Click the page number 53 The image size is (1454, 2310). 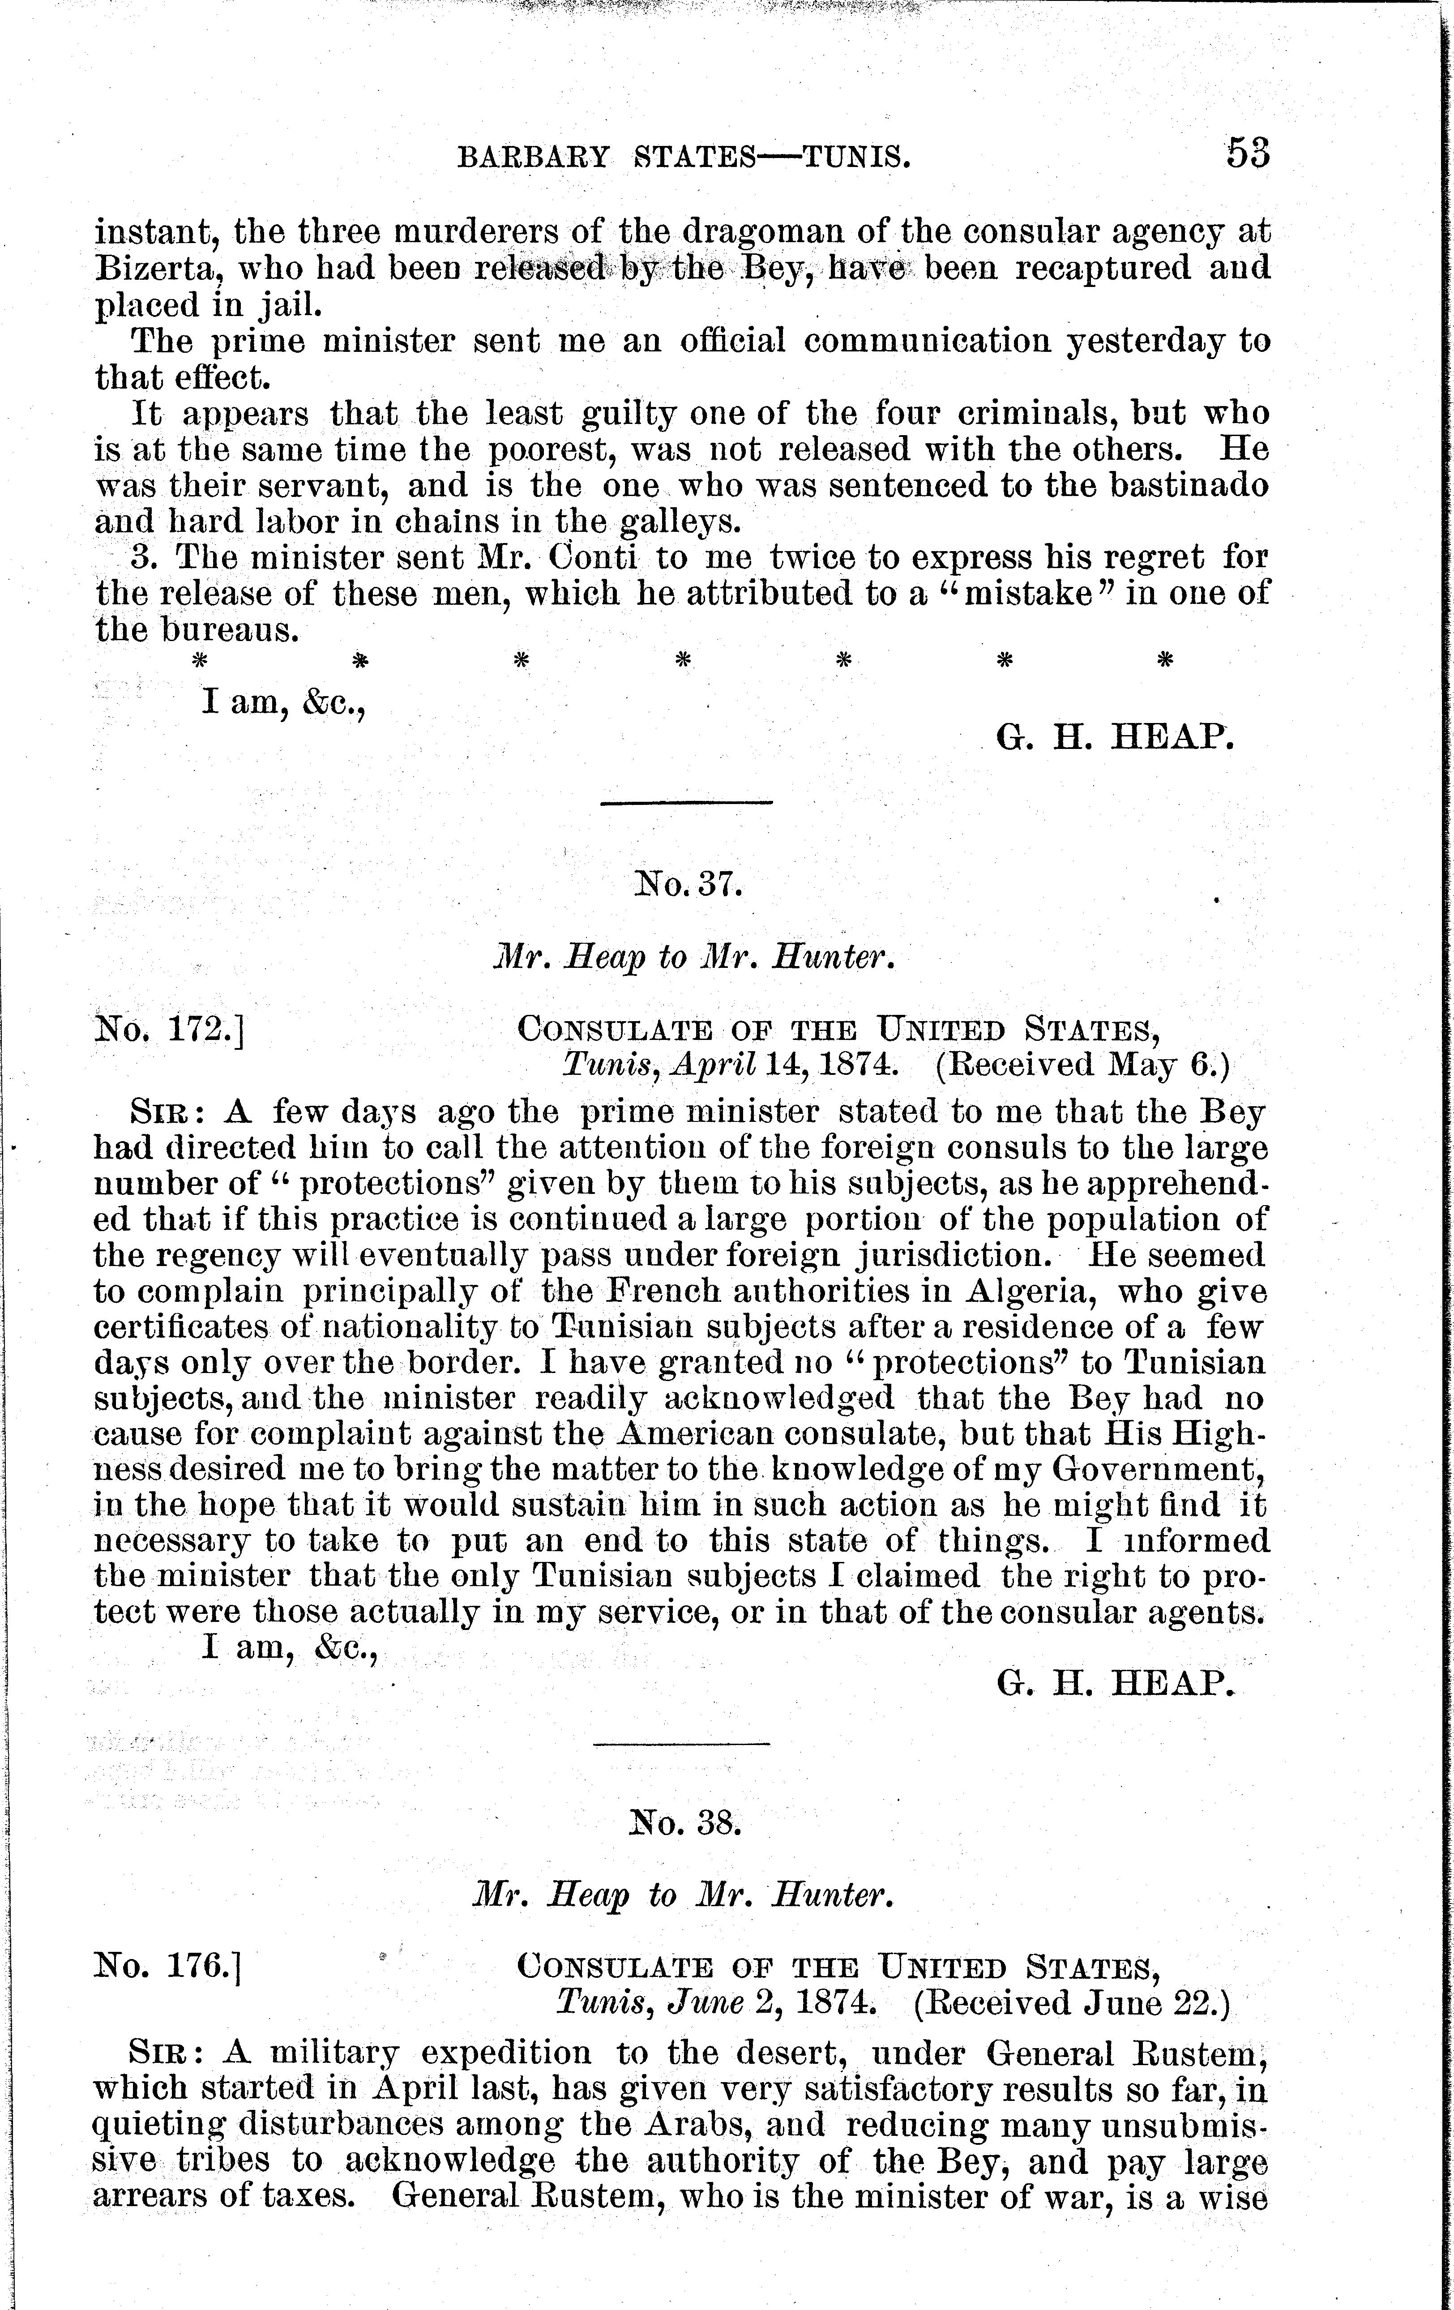(x=1248, y=154)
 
